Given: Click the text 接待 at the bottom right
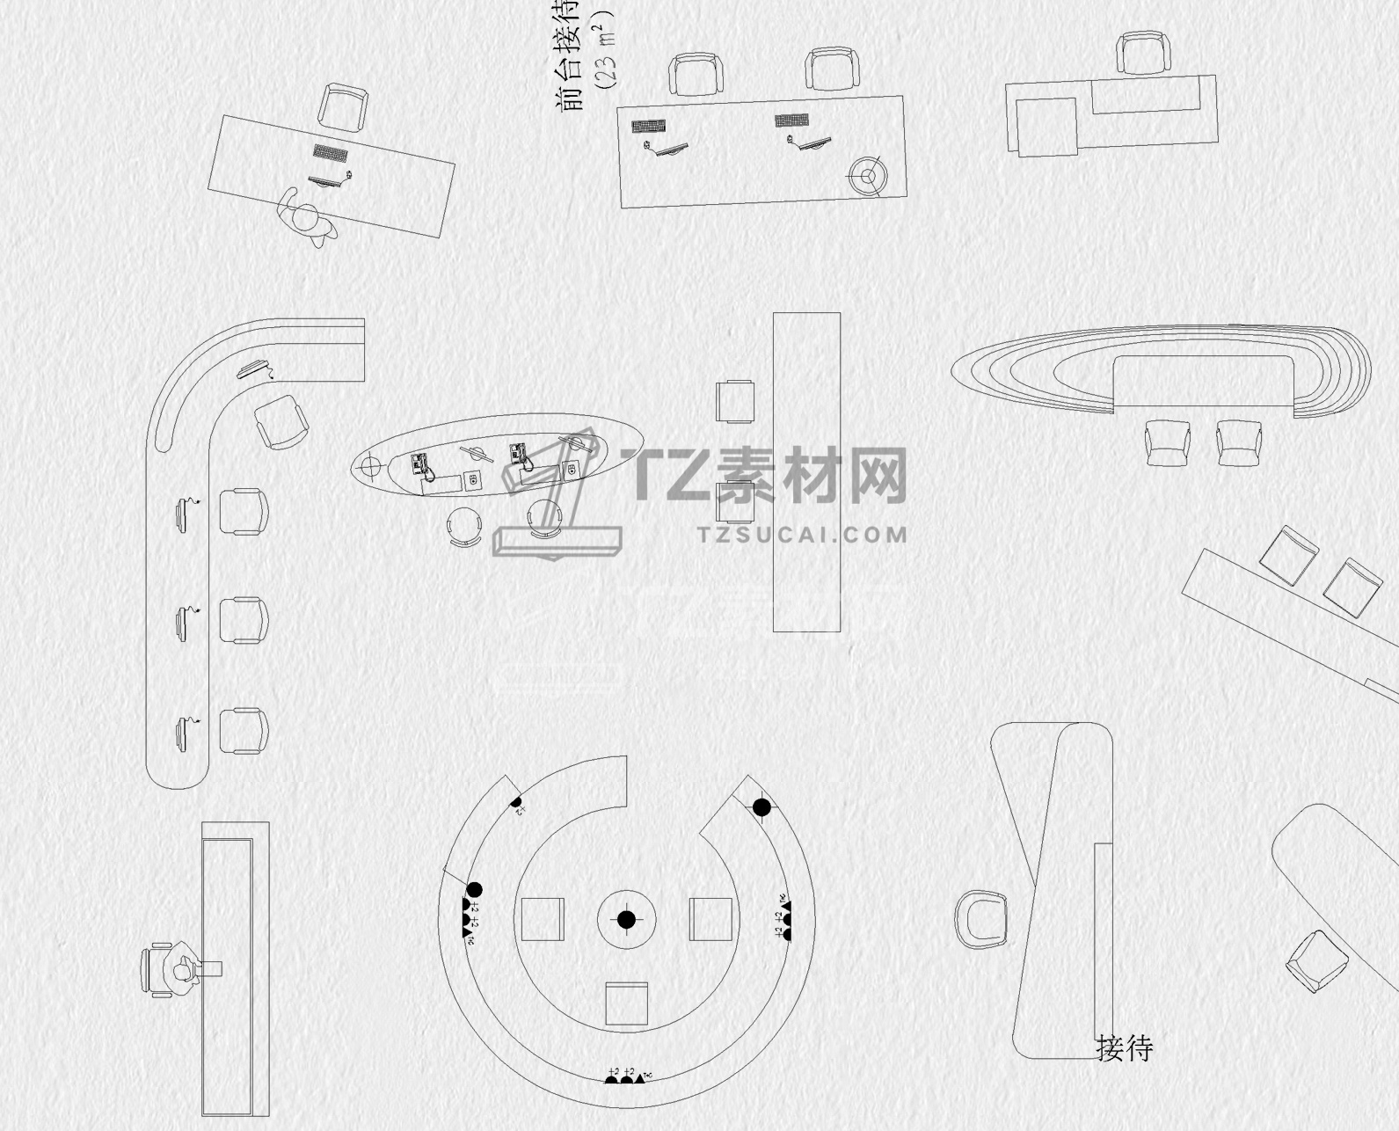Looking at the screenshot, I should click(x=1124, y=1048).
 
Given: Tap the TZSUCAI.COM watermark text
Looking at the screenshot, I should click(x=802, y=534).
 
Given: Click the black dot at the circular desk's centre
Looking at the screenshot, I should click(x=626, y=920).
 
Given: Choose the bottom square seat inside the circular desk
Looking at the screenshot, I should click(x=626, y=1003).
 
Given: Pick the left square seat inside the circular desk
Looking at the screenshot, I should click(x=543, y=919).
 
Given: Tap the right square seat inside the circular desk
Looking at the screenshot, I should click(x=710, y=919).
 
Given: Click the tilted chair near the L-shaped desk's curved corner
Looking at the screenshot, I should click(x=281, y=422).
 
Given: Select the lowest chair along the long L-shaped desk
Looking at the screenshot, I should click(x=243, y=731).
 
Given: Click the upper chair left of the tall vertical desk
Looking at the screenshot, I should click(x=735, y=402).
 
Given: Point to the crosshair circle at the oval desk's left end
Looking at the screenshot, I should click(x=370, y=465).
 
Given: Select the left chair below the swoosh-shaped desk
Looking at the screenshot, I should click(x=1167, y=441).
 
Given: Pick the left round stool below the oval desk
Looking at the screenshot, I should click(x=464, y=526).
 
